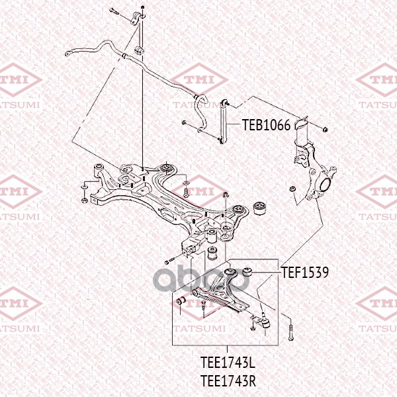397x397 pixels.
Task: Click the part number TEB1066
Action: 266,124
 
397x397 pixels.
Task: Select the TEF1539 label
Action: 306,271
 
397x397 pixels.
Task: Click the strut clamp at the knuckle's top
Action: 303,126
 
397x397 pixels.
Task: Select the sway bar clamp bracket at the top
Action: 139,15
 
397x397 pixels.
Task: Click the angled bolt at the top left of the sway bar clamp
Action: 114,9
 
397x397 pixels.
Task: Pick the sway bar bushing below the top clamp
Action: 139,51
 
